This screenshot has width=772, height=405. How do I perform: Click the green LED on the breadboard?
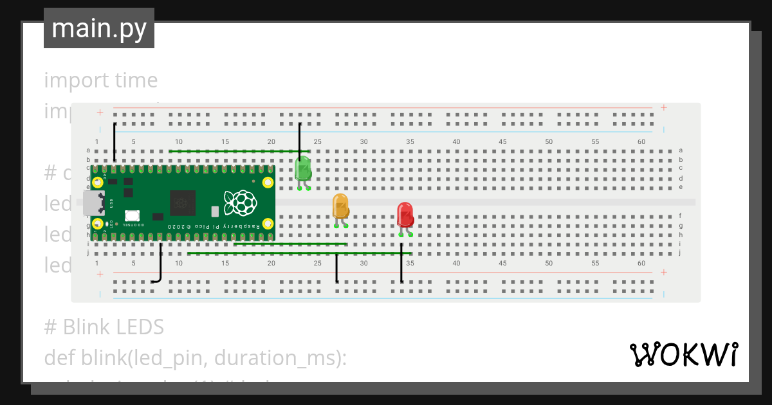tap(302, 169)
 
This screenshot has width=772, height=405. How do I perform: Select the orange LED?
tap(340, 206)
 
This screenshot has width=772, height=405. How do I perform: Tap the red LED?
tap(405, 215)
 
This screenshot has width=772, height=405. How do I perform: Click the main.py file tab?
tap(99, 28)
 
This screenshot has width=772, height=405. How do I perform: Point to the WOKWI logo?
tap(683, 354)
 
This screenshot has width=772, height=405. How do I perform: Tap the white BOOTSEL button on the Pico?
tap(133, 217)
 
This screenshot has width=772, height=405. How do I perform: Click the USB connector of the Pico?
tap(94, 203)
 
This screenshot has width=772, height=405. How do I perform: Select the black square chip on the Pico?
tap(183, 204)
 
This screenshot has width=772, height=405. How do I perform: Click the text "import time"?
tap(101, 80)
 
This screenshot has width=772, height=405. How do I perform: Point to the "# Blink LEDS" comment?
tap(104, 327)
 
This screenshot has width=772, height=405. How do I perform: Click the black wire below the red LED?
tap(401, 264)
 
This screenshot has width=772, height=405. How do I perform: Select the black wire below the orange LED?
tap(336, 268)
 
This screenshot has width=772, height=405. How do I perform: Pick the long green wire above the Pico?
tap(238, 152)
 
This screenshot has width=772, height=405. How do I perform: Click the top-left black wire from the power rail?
tap(115, 141)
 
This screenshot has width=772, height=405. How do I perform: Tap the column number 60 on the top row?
tap(641, 141)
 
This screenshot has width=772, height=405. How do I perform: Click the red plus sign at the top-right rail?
tap(663, 107)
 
